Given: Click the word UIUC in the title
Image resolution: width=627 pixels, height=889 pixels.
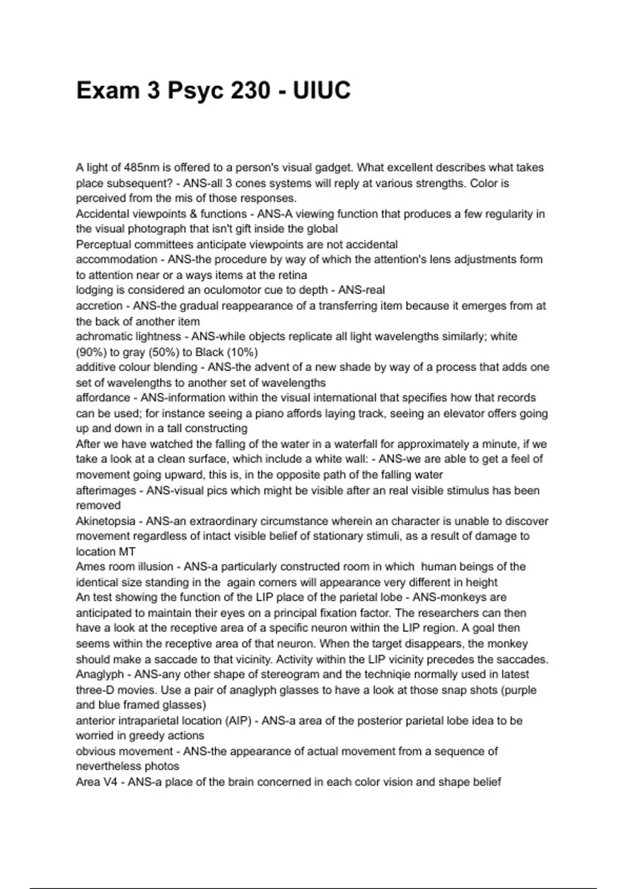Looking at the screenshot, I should tap(321, 90).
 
